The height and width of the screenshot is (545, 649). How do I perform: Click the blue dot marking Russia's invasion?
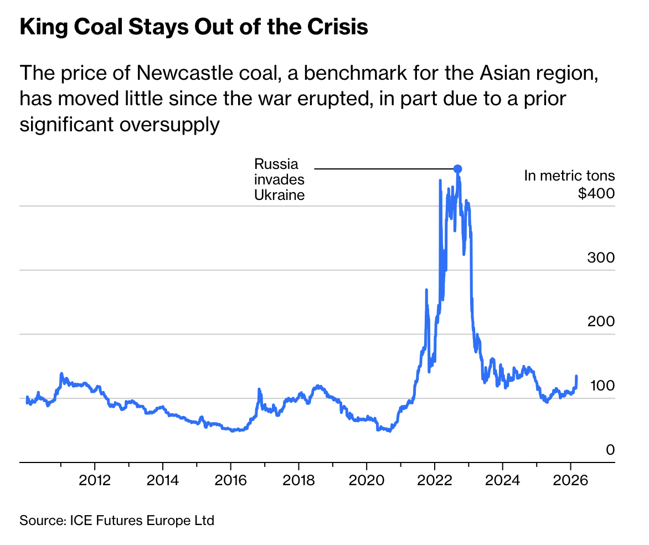[457, 169]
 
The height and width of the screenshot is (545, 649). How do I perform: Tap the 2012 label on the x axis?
[95, 479]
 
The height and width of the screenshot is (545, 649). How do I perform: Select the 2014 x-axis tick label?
[163, 479]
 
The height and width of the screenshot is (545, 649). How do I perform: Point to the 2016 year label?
[230, 479]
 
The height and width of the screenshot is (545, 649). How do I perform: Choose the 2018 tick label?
[298, 479]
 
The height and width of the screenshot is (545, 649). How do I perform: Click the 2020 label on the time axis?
[366, 479]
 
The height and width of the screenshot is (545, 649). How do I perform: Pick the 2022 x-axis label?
[434, 479]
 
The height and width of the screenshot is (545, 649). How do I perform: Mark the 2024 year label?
[502, 479]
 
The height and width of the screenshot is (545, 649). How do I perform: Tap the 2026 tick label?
[570, 479]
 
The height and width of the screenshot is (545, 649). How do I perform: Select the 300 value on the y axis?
[600, 258]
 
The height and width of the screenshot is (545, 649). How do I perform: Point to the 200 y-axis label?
[600, 322]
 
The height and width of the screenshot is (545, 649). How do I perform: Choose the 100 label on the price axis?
[601, 385]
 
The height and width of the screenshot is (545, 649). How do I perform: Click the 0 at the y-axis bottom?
[610, 450]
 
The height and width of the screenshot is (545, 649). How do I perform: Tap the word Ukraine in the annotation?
[280, 195]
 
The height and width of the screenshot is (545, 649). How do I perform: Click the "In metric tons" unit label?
[569, 176]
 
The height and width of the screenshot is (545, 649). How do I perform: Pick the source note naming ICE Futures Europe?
[117, 521]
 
